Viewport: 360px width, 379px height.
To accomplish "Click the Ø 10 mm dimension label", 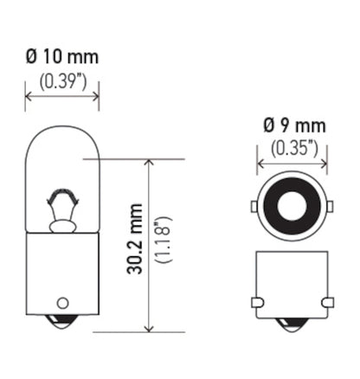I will (61, 57).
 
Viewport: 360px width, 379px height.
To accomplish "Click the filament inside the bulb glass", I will (61, 209).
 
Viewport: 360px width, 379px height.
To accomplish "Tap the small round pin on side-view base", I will (61, 303).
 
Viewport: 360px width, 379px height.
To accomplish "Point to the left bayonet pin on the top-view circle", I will (253, 208).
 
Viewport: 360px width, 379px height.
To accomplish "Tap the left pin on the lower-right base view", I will (256, 302).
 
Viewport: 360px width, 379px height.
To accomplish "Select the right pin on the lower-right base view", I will (327, 302).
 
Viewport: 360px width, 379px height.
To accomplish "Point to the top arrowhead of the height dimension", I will (150, 164).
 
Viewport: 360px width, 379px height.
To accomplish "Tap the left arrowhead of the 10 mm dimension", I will (29, 96).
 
